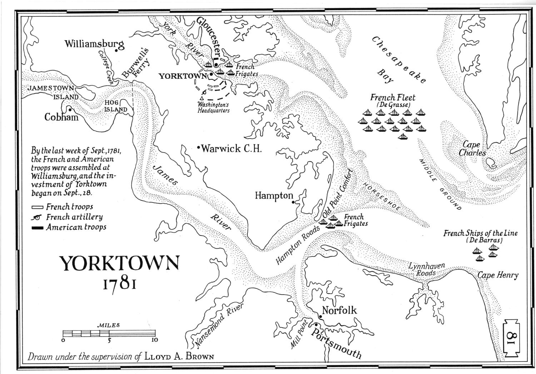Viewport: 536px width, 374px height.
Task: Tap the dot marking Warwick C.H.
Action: tap(199, 147)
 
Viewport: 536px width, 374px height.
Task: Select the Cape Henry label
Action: tap(498, 275)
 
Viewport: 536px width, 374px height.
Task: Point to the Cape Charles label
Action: tap(472, 149)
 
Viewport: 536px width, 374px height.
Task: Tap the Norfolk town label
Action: tap(339, 310)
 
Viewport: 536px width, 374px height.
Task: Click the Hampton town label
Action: tap(273, 196)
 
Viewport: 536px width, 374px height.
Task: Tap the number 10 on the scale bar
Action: tap(154, 340)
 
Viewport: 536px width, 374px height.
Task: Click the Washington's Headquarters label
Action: tap(214, 108)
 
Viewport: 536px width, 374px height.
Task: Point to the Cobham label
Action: tap(61, 117)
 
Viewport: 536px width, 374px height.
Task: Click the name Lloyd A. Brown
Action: tap(179, 356)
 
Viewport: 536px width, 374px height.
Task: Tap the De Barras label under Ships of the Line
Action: tap(484, 241)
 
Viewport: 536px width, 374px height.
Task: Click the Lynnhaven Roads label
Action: tap(427, 269)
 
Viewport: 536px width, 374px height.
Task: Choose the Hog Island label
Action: tap(115, 106)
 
